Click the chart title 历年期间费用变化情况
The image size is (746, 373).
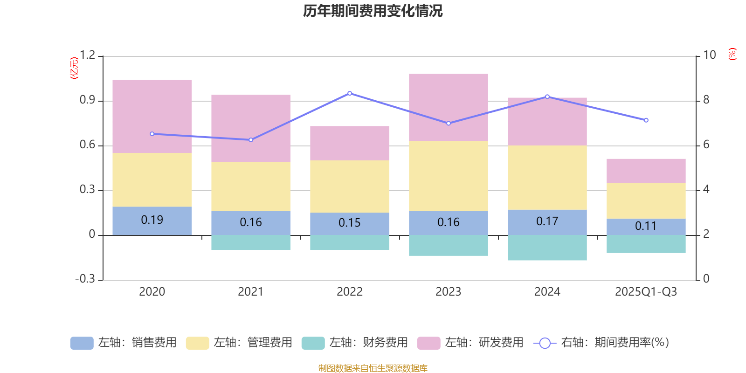click(x=373, y=11)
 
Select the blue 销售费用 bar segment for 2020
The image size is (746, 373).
click(x=152, y=228)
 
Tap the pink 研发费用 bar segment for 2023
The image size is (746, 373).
click(x=448, y=107)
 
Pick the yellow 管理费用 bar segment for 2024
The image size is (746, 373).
click(x=547, y=177)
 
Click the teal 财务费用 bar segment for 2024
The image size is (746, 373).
click(x=547, y=248)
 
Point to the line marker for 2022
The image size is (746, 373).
click(x=350, y=93)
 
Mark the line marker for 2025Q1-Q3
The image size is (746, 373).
click(x=646, y=120)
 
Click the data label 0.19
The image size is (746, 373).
click(x=152, y=220)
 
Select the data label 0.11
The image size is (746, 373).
click(x=646, y=226)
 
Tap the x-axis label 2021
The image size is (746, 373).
click(x=250, y=292)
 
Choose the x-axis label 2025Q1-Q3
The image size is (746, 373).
click(x=646, y=292)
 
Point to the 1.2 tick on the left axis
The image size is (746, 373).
click(x=87, y=55)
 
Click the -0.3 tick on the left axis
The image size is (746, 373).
click(x=85, y=279)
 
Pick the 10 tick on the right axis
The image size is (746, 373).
click(x=709, y=55)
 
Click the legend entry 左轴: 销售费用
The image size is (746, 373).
click(x=124, y=343)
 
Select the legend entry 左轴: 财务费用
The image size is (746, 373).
click(x=355, y=343)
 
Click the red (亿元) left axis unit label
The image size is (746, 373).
click(x=74, y=68)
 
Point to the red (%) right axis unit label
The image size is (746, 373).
click(x=732, y=54)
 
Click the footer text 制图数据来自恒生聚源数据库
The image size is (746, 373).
click(x=373, y=368)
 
